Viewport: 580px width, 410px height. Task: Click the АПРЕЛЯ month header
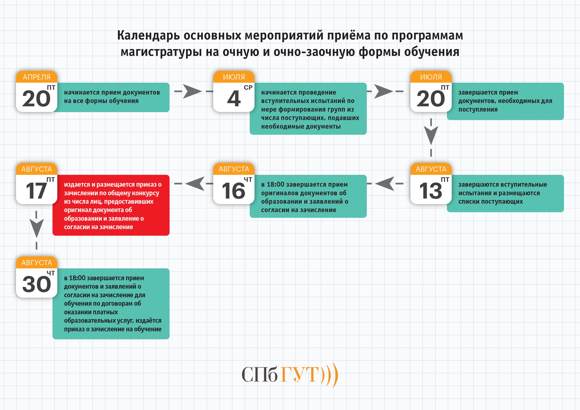point(37,77)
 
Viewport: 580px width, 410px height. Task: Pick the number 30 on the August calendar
point(37,284)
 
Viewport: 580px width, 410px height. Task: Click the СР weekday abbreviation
point(248,88)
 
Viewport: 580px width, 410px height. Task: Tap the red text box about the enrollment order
point(111,205)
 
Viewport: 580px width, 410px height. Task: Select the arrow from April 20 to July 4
point(192,91)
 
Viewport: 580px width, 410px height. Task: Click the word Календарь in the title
point(148,36)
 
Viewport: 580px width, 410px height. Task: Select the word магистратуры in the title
point(161,52)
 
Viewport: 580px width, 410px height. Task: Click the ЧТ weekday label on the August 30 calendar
point(51,273)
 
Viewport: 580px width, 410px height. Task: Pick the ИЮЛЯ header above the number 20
point(431,77)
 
